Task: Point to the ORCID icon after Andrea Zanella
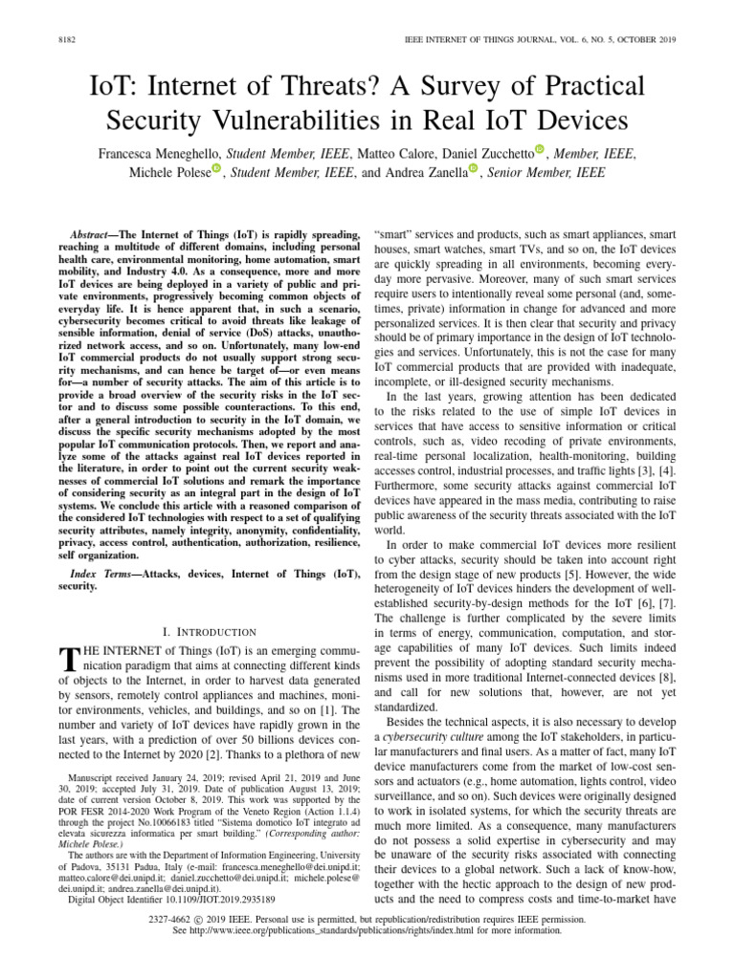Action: point(472,169)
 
